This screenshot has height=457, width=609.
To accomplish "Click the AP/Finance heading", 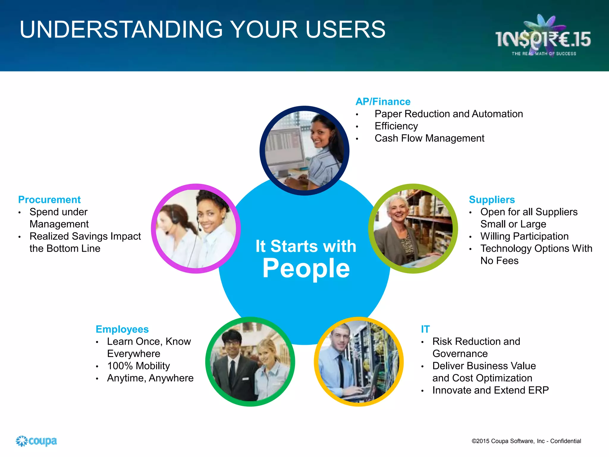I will point(383,102).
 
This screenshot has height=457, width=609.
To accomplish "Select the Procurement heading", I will point(49,200).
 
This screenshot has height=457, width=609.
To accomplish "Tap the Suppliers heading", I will point(492,200).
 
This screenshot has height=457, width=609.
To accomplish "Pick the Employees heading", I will point(122,329).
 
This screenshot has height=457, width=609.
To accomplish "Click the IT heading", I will point(425,329).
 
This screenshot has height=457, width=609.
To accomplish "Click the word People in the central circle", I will point(306,268).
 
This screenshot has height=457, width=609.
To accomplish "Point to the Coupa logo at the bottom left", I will point(36,441).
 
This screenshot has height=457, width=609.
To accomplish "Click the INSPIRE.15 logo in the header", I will point(543,39).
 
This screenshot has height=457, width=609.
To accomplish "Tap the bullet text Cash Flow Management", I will point(429,138).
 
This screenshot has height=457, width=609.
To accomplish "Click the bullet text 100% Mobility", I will point(138,366).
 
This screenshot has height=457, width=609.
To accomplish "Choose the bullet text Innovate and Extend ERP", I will point(490,390).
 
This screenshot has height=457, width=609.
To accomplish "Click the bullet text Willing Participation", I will point(524,237).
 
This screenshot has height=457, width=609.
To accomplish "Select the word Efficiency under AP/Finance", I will point(396,126).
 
